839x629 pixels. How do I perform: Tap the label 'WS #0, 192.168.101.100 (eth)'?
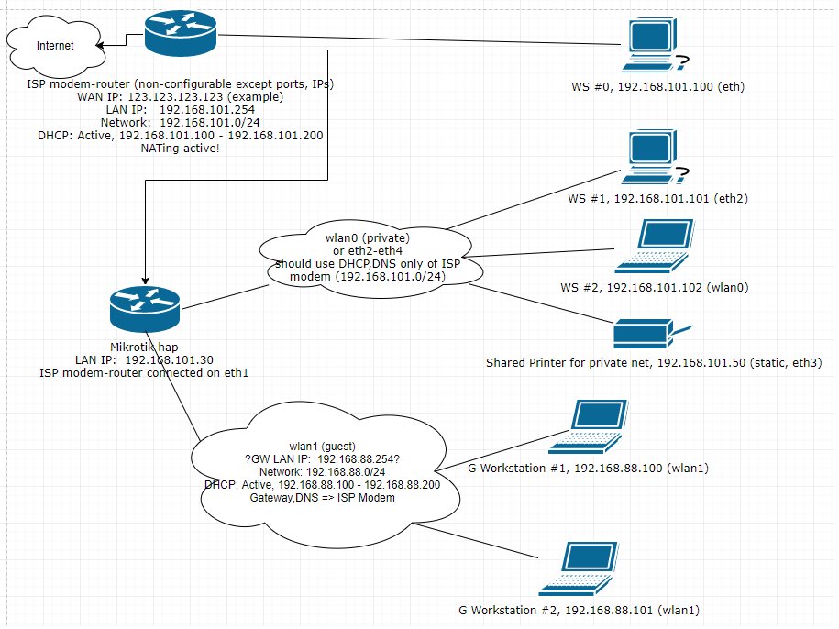tap(655, 88)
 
